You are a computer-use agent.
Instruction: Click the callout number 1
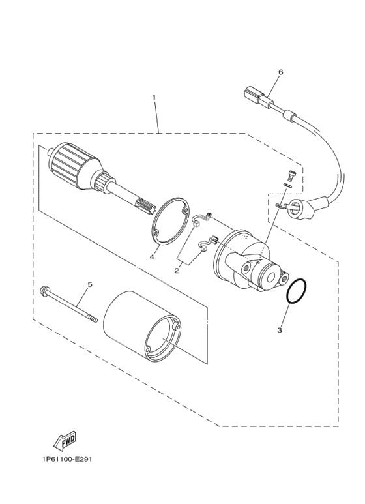point(154,97)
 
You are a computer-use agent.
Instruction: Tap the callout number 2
point(177,271)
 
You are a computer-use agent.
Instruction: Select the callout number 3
point(280,330)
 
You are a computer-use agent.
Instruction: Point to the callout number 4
point(152,257)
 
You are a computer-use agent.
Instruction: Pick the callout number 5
point(90,284)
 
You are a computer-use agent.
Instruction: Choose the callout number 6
point(280,72)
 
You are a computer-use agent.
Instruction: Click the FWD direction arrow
point(65,441)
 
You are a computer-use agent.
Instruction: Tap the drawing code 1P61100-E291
point(67,459)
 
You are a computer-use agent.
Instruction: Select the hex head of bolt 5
point(43,291)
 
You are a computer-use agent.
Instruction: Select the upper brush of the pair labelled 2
point(201,218)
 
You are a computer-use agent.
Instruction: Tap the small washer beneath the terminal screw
point(288,185)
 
